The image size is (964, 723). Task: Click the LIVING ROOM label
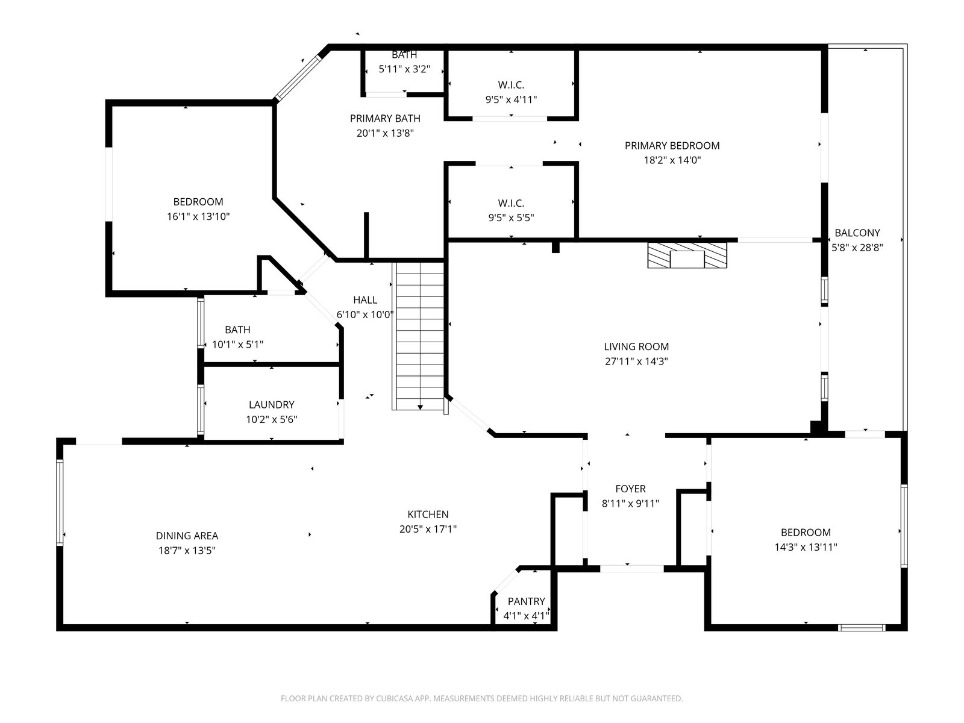coord(636,346)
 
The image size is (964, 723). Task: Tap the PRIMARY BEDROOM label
coord(672,145)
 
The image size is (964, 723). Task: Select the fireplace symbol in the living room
coord(687,255)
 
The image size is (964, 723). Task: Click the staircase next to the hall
coord(420,336)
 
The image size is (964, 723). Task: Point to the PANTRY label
coord(526,601)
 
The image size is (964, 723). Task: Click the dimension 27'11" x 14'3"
coord(636,361)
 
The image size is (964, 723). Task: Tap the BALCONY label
coord(857,233)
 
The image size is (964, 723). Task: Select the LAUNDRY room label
coord(271,404)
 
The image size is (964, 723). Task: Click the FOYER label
coord(630,489)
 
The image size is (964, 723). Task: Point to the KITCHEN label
coord(428,514)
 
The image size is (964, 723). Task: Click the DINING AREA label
coord(187,536)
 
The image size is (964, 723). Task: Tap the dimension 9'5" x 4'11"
coord(511,99)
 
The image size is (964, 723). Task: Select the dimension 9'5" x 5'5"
coord(511,218)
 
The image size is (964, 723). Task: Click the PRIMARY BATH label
coord(385,118)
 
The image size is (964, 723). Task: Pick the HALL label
coord(365,300)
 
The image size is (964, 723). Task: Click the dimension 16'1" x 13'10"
coord(198,216)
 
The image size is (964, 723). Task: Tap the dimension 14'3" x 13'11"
coord(806,547)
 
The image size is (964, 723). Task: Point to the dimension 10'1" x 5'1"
coord(237,345)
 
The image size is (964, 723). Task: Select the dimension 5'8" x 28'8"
coord(857,248)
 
